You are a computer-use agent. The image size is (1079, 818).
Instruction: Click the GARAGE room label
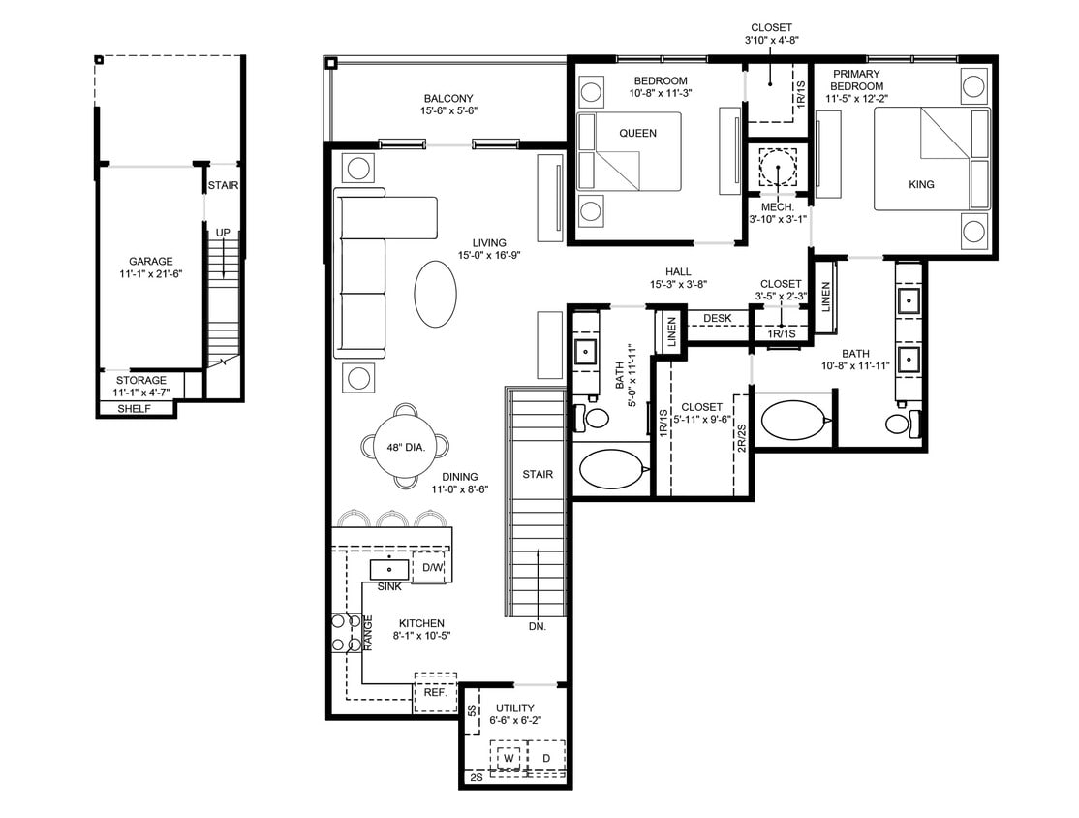[151, 261]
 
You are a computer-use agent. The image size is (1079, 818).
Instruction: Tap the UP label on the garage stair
[223, 233]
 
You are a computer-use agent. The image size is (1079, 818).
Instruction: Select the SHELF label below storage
[135, 409]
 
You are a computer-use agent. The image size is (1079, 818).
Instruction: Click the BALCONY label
[448, 98]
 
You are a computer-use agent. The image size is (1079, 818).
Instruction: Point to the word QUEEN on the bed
[636, 134]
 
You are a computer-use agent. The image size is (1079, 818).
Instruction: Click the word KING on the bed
[921, 184]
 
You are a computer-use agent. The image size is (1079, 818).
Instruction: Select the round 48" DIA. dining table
[406, 446]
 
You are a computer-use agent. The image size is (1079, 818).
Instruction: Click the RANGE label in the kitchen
[368, 632]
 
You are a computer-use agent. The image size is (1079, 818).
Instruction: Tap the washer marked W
[509, 757]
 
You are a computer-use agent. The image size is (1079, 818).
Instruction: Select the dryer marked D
[545, 757]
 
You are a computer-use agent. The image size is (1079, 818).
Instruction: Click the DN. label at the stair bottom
[538, 627]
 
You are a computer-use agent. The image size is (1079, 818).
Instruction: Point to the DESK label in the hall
[717, 318]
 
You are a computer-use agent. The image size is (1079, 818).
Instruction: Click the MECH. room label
[777, 207]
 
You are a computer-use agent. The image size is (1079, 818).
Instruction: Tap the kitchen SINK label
[390, 587]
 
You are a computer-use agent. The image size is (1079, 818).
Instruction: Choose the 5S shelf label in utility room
[472, 710]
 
